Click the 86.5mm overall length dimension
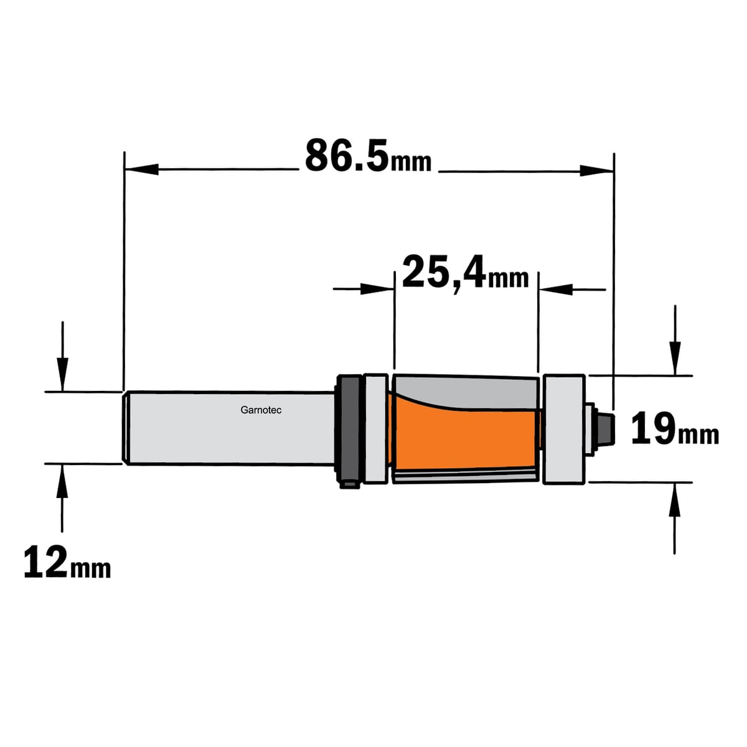(369, 156)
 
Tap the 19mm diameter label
(675, 429)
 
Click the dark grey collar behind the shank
(349, 430)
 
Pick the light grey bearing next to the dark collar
(376, 429)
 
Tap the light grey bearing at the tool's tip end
(563, 429)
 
